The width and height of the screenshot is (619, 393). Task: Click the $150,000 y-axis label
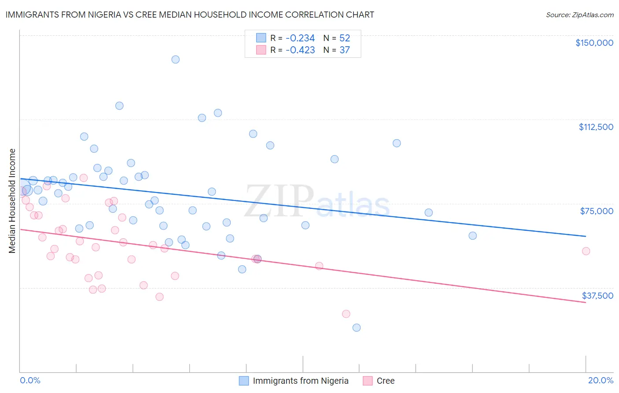click(594, 43)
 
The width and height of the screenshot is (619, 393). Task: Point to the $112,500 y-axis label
click(596, 127)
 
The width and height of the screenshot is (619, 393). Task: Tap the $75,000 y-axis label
click(597, 211)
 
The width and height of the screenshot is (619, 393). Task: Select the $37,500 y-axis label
click(597, 296)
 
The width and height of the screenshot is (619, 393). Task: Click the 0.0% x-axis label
click(30, 380)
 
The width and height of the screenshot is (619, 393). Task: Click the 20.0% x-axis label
click(601, 380)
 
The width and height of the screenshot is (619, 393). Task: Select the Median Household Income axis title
click(12, 201)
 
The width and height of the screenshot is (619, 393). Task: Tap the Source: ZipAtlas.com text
click(579, 15)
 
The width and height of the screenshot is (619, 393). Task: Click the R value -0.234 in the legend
click(300, 38)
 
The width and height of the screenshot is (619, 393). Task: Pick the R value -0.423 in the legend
click(300, 50)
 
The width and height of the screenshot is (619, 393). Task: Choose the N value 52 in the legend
click(344, 38)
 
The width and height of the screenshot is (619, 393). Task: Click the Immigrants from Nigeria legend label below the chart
click(300, 381)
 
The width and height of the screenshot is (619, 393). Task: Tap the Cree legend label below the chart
click(385, 381)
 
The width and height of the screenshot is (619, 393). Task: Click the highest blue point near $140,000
click(175, 59)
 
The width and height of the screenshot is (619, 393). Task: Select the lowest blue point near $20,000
click(357, 327)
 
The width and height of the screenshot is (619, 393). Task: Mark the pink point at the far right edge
click(586, 251)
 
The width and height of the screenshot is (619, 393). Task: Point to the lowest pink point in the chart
click(346, 314)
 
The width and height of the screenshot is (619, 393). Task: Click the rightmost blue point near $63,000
click(472, 236)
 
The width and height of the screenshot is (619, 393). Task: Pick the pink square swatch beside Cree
click(367, 381)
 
